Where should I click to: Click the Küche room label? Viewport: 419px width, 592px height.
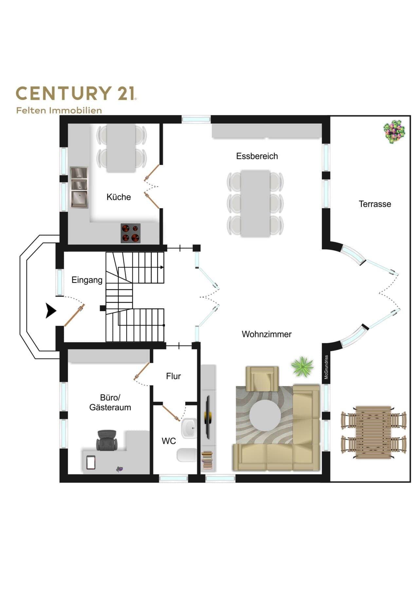[x=118, y=197]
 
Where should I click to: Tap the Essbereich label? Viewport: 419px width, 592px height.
[x=257, y=156]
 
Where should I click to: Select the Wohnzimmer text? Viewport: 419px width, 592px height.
[x=266, y=334]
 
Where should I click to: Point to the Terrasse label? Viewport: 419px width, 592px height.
[x=375, y=204]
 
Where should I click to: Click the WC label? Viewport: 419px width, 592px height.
[x=169, y=441]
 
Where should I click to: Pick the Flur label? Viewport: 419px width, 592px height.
[x=173, y=376]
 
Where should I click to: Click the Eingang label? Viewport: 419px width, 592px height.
[x=87, y=280]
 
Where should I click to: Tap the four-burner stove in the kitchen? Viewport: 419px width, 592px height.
[x=131, y=233]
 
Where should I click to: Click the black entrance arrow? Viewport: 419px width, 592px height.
[x=51, y=311]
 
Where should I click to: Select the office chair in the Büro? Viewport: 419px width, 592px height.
[x=107, y=440]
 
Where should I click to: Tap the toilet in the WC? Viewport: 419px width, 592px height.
[x=187, y=455]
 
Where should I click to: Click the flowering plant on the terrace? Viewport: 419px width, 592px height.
[x=394, y=131]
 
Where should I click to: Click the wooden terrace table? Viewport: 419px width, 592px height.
[x=373, y=432]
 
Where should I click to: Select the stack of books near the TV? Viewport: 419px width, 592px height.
[x=207, y=460]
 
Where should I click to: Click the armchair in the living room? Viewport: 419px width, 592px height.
[x=262, y=379]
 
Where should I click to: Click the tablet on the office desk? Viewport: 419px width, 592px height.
[x=90, y=462]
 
